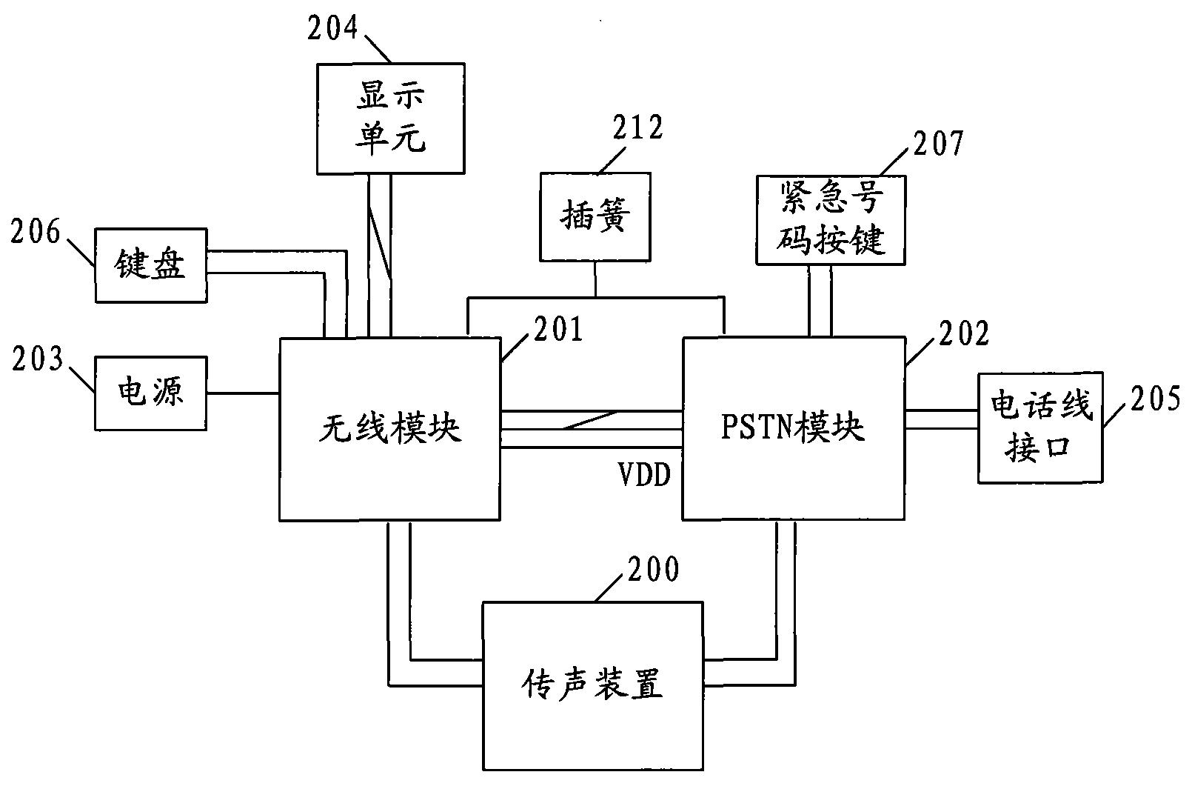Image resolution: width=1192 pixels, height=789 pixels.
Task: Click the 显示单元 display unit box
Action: tap(390, 118)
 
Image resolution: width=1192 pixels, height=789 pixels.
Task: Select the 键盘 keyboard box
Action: tap(150, 265)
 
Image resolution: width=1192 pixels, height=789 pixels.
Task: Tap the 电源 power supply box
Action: tap(150, 392)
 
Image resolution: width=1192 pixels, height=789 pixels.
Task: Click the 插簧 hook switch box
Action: tap(595, 216)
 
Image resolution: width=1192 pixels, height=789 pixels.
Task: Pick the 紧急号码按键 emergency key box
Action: tap(830, 220)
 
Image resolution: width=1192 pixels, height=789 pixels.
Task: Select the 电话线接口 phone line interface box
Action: tap(1039, 427)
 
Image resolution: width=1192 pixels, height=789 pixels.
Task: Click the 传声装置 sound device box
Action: tap(592, 685)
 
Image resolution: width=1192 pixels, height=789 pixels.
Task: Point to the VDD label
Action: tap(644, 475)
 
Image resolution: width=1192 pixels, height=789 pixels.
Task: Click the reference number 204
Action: tap(332, 28)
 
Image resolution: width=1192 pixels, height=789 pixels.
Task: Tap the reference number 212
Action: tap(637, 128)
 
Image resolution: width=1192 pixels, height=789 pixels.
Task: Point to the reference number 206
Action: tap(35, 232)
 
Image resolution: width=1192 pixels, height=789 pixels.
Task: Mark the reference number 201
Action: tap(558, 330)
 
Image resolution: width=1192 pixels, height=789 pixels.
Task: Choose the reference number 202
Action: tap(963, 334)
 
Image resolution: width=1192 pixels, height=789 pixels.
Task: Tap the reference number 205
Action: tap(1155, 399)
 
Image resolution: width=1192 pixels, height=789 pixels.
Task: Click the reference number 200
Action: tap(652, 570)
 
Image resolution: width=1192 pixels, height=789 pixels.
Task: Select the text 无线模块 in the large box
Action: tap(389, 428)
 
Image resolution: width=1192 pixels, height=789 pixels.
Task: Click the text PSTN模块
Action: tap(792, 427)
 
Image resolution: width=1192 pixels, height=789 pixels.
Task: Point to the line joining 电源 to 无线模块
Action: tap(242, 393)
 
